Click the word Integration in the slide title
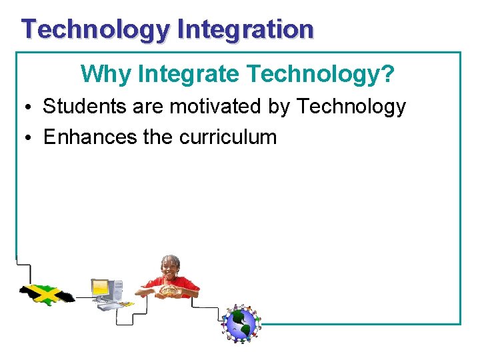coord(245,29)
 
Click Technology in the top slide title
coord(96,29)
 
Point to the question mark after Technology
coord(387,74)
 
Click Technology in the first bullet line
coord(351,106)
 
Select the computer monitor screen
coord(101,288)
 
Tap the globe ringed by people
coord(240,323)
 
